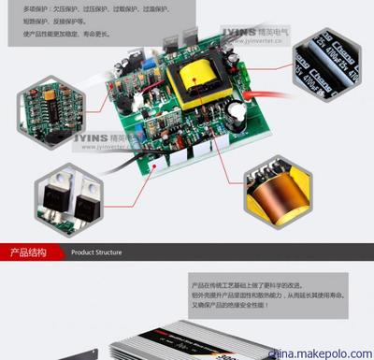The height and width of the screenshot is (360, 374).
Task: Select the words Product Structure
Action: point(96,252)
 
